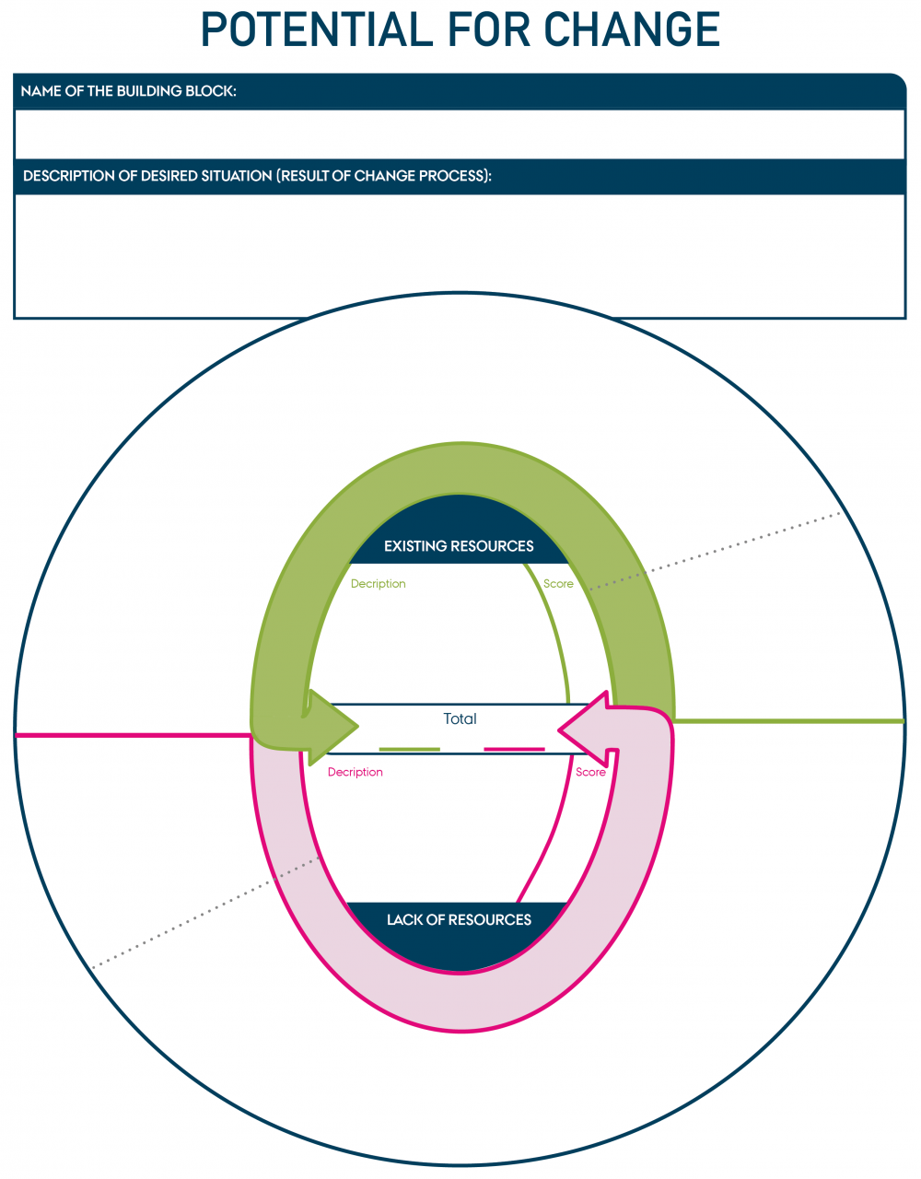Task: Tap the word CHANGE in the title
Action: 632,29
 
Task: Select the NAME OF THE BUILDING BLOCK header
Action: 128,91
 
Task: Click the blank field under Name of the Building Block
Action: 460,134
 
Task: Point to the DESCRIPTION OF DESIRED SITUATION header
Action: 257,176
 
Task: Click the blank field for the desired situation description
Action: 460,255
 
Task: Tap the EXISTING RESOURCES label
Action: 459,546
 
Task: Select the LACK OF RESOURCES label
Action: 459,919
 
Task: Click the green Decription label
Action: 378,584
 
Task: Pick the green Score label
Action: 558,584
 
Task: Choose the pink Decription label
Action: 355,772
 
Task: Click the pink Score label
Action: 590,772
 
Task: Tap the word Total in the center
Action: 460,718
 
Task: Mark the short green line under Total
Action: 409,750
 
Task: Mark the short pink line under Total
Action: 514,750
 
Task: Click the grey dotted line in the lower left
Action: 203,913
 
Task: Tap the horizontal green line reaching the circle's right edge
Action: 792,720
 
